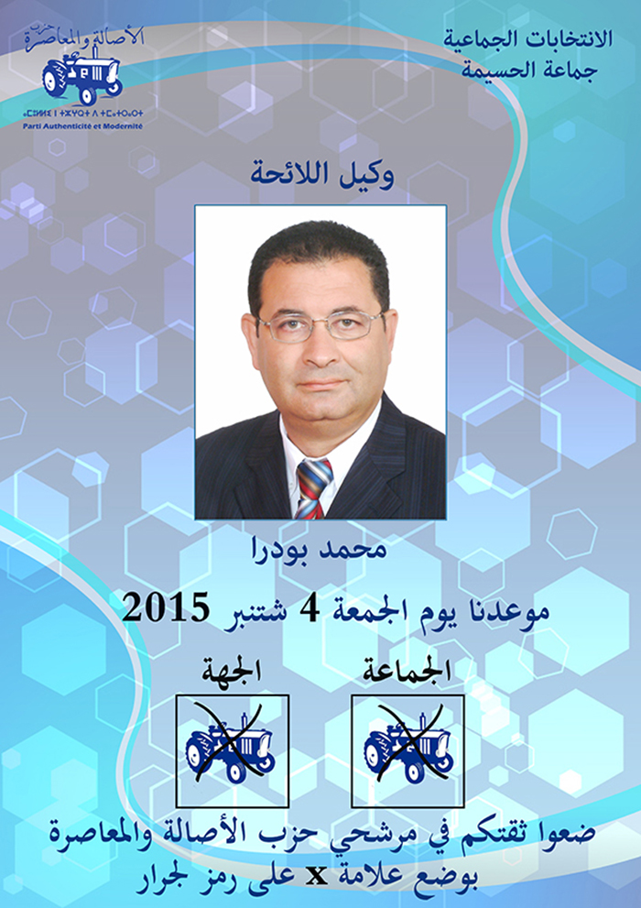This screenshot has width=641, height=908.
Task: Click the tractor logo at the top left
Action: (81, 76)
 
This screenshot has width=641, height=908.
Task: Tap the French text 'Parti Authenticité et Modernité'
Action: (82, 126)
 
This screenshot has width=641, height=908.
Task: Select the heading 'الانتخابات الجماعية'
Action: (527, 39)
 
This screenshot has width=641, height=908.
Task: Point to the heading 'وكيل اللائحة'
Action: (322, 173)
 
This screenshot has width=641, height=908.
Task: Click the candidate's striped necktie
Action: (313, 487)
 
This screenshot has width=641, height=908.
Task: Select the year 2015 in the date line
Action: (166, 608)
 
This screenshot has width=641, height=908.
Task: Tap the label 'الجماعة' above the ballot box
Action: (407, 672)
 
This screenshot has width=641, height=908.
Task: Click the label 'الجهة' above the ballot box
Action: (232, 672)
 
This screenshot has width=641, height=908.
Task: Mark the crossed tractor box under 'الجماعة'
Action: (407, 751)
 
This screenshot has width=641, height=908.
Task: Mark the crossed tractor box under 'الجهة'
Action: (232, 751)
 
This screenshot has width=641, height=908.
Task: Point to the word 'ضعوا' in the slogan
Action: (571, 835)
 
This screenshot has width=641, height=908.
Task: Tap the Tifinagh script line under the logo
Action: (82, 113)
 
